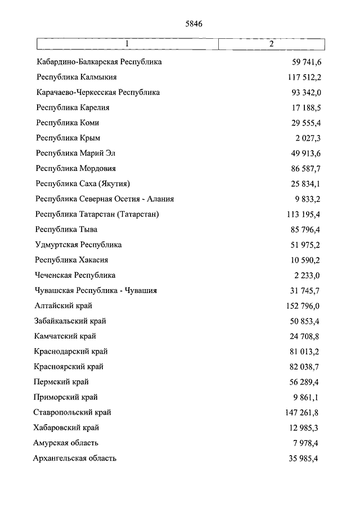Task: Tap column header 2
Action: coord(271,44)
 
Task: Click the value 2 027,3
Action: coord(306,138)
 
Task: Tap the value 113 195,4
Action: coord(300,214)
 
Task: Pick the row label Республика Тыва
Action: coord(66,229)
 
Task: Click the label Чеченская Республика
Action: coord(75,275)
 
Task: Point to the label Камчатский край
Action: coord(65,336)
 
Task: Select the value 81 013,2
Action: coord(302,352)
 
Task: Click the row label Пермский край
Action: coord(62,382)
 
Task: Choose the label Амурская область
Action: coord(67,443)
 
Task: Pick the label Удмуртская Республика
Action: coord(78,245)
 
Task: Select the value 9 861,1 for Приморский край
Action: coord(306,397)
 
